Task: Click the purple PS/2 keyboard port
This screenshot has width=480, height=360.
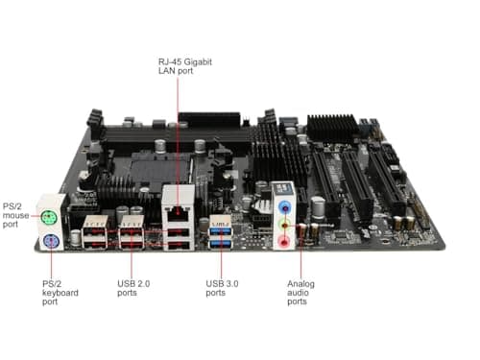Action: (47, 241)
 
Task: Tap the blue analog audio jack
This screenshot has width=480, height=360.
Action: (284, 205)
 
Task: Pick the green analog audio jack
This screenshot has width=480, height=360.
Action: (284, 224)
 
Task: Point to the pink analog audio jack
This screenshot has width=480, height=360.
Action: (284, 241)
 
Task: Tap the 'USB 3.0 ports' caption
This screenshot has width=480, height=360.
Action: (222, 288)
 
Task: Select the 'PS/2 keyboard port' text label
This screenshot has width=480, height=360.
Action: (22, 294)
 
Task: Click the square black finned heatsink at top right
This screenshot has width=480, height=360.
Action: (332, 126)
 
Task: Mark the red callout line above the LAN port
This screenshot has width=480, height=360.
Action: (176, 134)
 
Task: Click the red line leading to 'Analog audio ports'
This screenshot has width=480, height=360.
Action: (300, 259)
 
